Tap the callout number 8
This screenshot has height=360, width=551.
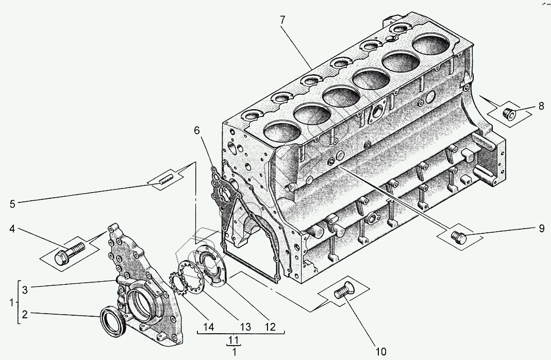pyautogui.click(x=541, y=107)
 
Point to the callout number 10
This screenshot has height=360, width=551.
pyautogui.click(x=380, y=352)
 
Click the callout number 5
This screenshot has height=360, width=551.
pyautogui.click(x=12, y=203)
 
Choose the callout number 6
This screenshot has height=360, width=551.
pyautogui.click(x=197, y=130)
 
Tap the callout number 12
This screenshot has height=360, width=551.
pyautogui.click(x=270, y=327)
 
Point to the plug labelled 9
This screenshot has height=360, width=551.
pyautogui.click(x=458, y=237)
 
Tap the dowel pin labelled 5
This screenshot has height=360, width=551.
pyautogui.click(x=165, y=180)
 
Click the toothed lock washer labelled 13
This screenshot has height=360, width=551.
pyautogui.click(x=186, y=278)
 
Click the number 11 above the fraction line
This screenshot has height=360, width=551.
pyautogui.click(x=235, y=340)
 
